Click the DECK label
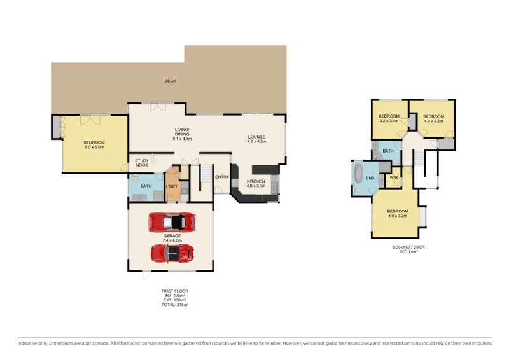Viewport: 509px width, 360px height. click(x=170, y=81)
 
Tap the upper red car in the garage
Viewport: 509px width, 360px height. click(x=171, y=222)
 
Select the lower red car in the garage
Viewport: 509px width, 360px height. click(x=172, y=253)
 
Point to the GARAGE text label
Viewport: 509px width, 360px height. click(x=172, y=236)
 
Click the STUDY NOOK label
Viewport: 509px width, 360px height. click(x=142, y=163)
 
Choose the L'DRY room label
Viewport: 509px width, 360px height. click(x=172, y=186)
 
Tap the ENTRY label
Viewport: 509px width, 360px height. click(x=222, y=177)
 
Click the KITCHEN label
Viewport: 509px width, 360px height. click(x=256, y=181)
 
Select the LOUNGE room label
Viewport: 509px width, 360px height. click(x=257, y=137)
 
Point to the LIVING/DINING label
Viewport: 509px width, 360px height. click(x=182, y=132)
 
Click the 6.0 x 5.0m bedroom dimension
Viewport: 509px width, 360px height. click(x=94, y=147)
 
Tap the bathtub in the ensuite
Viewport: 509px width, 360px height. click(x=358, y=174)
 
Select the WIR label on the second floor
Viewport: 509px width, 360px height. click(x=394, y=177)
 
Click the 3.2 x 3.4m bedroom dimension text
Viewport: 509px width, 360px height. click(x=389, y=121)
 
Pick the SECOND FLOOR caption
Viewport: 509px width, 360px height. click(x=408, y=247)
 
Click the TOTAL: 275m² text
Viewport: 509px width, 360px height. click(x=175, y=305)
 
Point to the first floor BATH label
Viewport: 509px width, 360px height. click(x=146, y=186)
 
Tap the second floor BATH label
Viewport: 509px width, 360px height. click(x=388, y=151)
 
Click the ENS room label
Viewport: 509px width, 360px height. click(x=370, y=178)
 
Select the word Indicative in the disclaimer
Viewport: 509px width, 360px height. click(x=27, y=343)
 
